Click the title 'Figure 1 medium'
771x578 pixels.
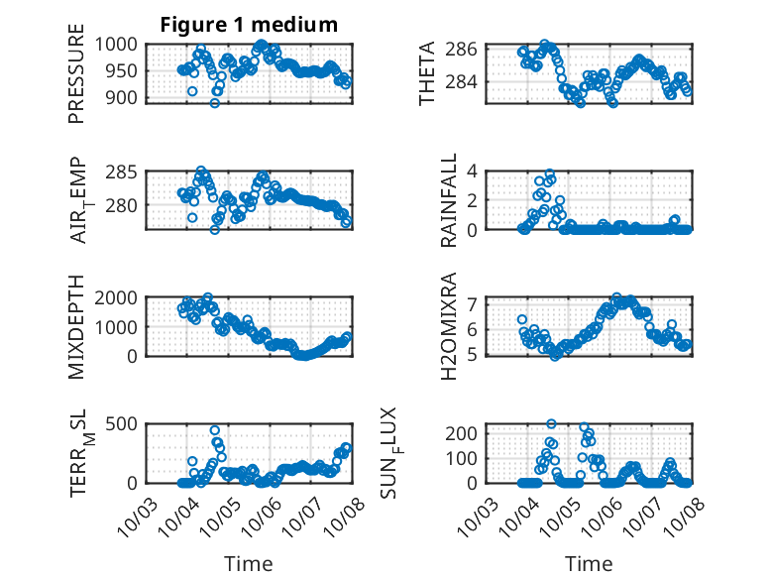(x=249, y=25)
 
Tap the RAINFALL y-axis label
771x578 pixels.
(x=449, y=200)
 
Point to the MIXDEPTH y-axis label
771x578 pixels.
(x=76, y=325)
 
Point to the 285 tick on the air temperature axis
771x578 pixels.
(x=129, y=172)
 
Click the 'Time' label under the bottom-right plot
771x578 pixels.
(x=589, y=563)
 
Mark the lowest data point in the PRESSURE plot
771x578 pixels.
(x=214, y=102)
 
